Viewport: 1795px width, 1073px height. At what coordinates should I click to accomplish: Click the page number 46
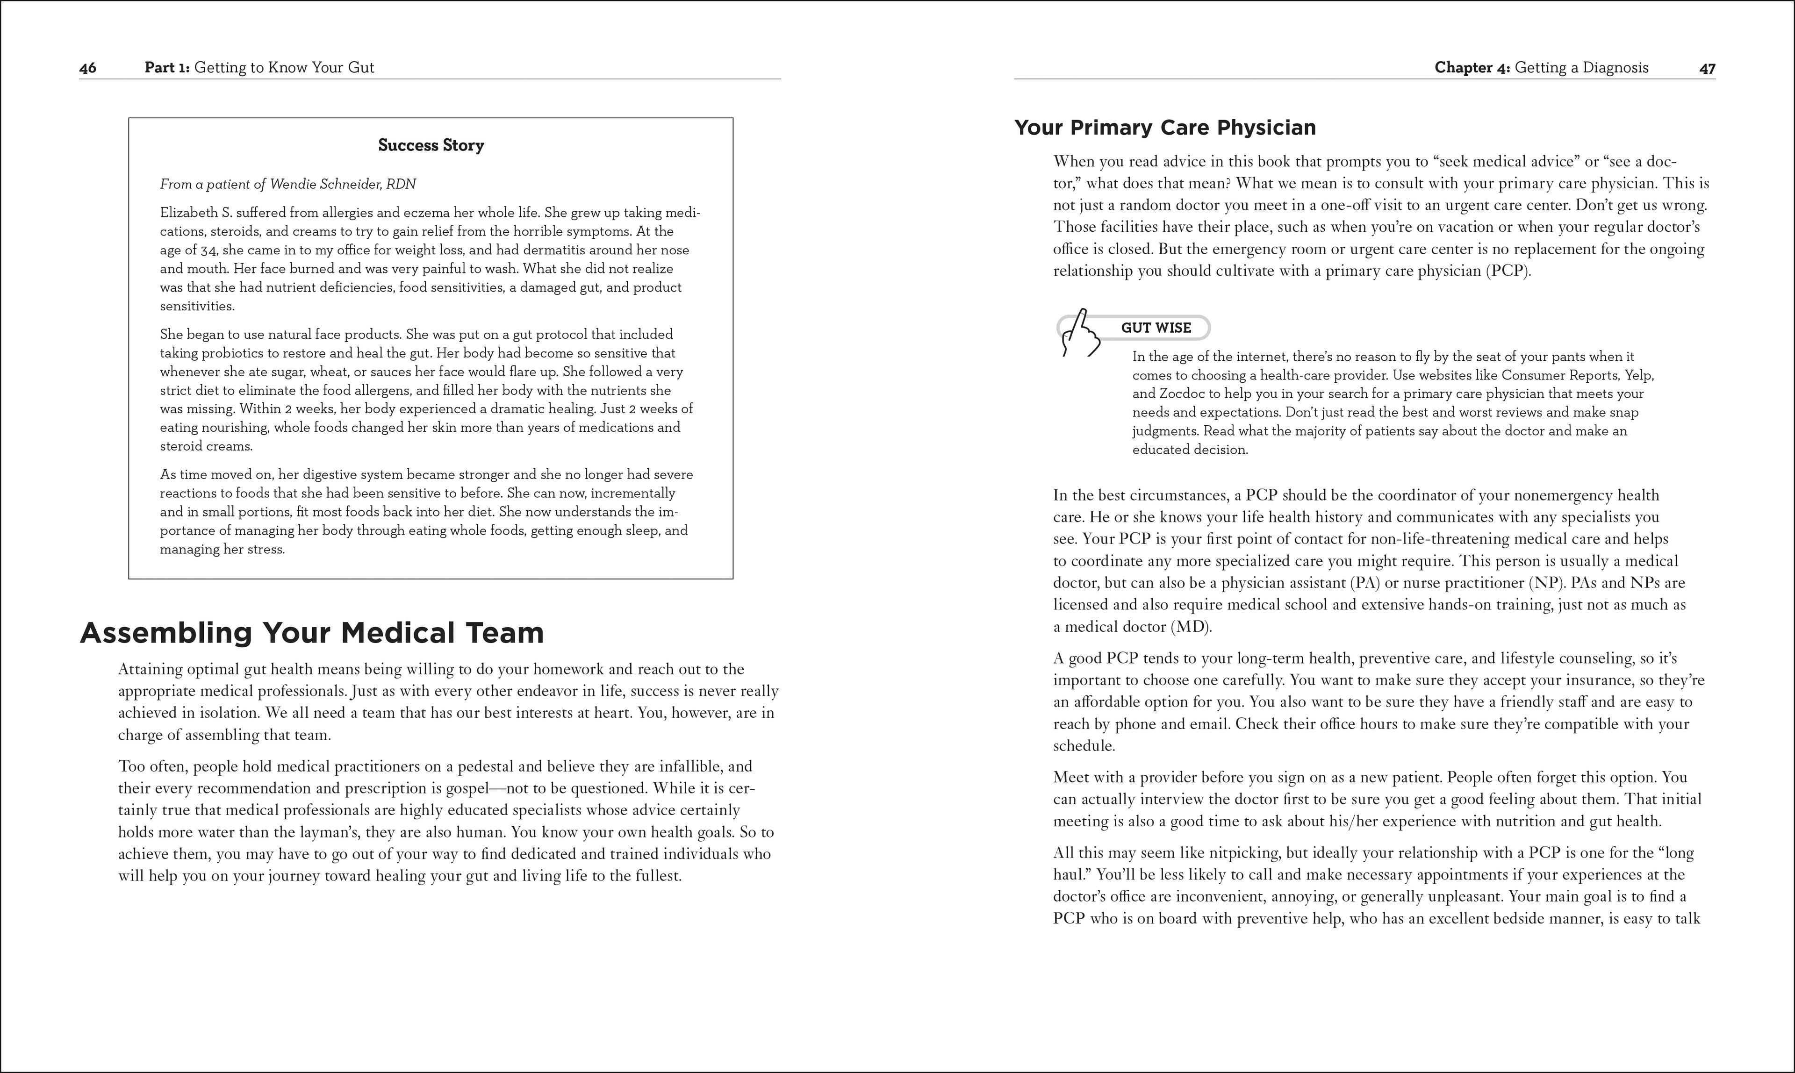point(87,68)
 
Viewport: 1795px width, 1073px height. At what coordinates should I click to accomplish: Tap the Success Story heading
point(431,145)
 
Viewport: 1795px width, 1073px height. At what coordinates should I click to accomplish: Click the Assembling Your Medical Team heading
point(312,633)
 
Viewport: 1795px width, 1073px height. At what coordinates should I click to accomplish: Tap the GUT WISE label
point(1156,328)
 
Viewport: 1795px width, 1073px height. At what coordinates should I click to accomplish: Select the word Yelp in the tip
point(1637,375)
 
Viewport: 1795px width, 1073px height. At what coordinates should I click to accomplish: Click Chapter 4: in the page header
point(1472,68)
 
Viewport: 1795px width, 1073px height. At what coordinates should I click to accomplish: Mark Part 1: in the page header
point(167,68)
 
